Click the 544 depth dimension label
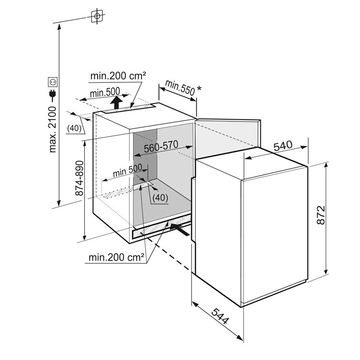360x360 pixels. tap(220, 316)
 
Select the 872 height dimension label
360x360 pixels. tap(321, 215)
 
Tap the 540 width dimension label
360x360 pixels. tap(283, 145)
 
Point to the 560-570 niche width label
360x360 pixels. tap(161, 146)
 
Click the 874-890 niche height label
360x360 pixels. tap(79, 178)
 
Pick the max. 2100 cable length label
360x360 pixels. tap(53, 129)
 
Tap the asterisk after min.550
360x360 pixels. tap(199, 89)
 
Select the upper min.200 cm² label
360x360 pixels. tap(118, 76)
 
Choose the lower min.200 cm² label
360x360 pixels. tap(116, 258)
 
